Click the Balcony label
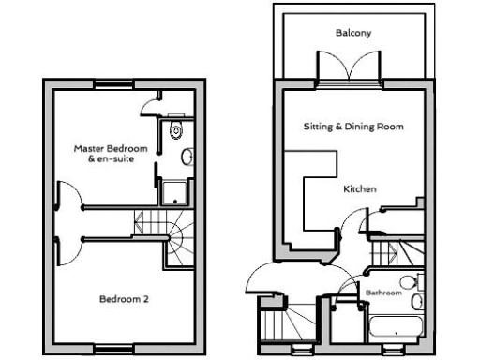(x=353, y=33)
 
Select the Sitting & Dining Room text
(x=353, y=126)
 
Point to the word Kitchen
(x=360, y=189)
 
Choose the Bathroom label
(x=383, y=293)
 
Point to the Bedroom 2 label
(x=125, y=300)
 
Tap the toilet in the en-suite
(x=175, y=132)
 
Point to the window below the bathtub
(x=397, y=351)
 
